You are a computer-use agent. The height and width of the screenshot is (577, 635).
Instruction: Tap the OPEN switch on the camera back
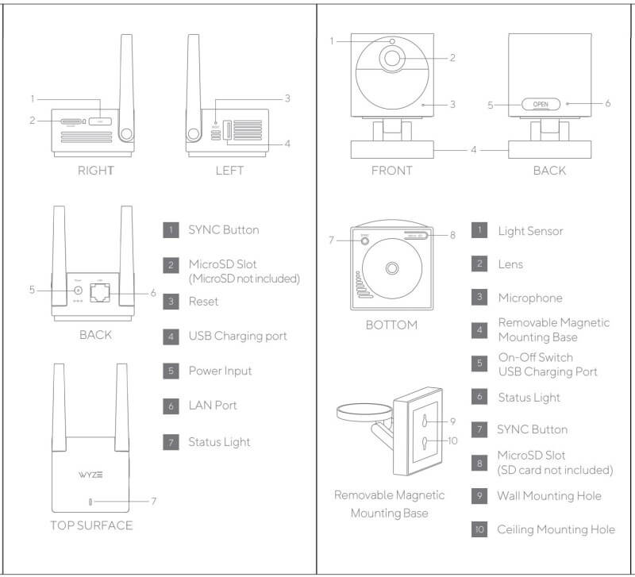point(541,104)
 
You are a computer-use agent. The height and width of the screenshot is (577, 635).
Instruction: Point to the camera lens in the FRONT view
point(393,58)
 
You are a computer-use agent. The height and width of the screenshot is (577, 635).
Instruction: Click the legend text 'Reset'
point(203,302)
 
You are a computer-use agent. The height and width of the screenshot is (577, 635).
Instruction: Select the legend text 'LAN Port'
point(213,406)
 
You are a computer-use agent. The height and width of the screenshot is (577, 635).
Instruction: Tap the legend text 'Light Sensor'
point(530,231)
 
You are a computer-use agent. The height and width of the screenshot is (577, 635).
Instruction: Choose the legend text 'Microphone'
point(529,298)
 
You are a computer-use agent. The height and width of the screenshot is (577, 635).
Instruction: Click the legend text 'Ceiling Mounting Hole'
point(556,529)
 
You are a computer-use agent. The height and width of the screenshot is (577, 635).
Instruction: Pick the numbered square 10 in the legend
point(479,529)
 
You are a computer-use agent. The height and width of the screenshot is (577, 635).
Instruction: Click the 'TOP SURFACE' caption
point(91,525)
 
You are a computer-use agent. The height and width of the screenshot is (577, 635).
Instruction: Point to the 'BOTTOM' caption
point(391,325)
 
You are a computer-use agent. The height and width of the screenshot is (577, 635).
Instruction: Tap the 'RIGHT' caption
point(96,170)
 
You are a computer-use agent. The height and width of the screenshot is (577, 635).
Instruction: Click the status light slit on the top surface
point(91,501)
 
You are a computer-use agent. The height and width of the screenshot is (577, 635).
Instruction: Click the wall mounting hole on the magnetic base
point(426,420)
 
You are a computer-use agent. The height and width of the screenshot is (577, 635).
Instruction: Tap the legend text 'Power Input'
point(219,371)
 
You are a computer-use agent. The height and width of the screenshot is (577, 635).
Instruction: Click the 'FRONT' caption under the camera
point(392,170)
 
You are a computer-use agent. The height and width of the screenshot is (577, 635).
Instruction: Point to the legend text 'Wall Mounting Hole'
point(549,496)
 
